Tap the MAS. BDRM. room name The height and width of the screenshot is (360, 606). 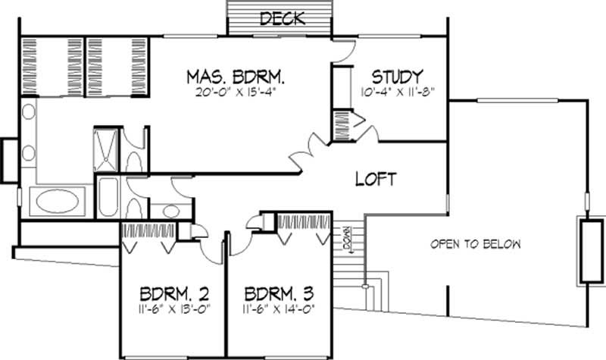pos(235,77)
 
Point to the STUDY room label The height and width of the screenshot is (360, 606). pos(396,77)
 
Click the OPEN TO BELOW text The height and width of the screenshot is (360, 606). pos(476,244)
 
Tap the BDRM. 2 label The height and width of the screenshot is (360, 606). pos(174,293)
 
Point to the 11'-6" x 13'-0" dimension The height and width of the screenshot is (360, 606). pos(174,309)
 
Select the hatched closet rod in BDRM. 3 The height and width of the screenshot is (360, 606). pos(305,221)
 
